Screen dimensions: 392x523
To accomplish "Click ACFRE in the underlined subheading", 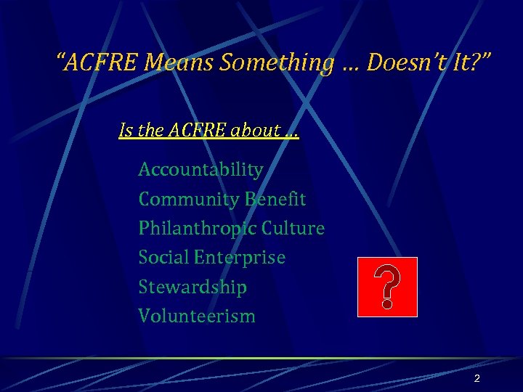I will [x=199, y=131].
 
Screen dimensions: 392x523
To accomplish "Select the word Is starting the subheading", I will [x=126, y=131].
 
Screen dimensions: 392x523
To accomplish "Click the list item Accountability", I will [x=200, y=170].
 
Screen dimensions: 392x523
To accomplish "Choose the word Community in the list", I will [x=188, y=199].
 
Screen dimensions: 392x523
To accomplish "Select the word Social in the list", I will [x=163, y=258].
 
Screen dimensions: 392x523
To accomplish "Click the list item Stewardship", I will [x=192, y=287].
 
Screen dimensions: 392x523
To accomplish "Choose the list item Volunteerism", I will [x=197, y=316].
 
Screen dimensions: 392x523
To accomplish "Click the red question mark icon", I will [x=387, y=287].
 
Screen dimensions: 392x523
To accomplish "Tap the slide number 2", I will [x=477, y=378].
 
